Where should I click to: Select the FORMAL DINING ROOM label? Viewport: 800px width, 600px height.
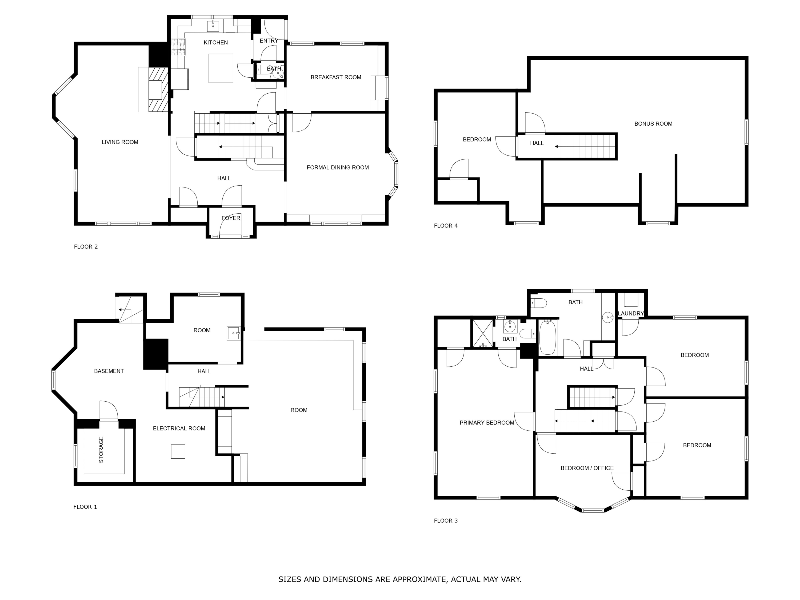337,167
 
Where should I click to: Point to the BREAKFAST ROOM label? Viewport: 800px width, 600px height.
336,77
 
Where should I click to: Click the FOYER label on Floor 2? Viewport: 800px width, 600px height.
231,218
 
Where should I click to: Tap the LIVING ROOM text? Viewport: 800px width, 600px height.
120,142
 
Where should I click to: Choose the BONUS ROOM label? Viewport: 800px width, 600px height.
653,124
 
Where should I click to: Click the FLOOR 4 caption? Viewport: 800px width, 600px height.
446,226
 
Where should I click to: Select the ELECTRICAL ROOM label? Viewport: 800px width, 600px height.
179,429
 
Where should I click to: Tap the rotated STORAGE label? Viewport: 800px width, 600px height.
101,450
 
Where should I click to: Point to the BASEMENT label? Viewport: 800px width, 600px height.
109,371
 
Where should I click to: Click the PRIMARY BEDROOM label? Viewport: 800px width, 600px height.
487,423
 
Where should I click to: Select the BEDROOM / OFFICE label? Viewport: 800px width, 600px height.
587,468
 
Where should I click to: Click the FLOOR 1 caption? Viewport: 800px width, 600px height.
85,507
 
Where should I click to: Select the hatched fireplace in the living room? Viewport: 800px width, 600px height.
158,90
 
